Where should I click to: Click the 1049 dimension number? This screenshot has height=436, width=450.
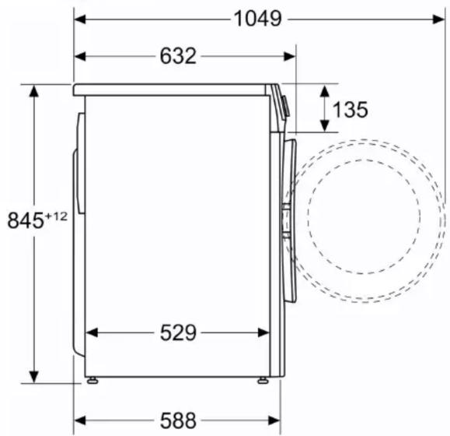tap(257, 19)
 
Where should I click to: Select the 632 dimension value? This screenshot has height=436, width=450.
tap(178, 56)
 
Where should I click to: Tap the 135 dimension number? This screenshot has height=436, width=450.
tap(350, 110)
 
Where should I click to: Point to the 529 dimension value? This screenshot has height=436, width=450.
tap(178, 332)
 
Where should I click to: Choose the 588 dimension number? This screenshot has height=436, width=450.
tap(178, 420)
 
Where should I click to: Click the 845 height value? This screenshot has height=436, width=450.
tap(25, 220)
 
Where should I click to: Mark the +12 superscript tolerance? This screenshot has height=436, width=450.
tap(56, 216)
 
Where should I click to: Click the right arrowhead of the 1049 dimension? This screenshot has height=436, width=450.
tap(439, 19)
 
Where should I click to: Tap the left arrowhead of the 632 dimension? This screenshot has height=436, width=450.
tap(80, 56)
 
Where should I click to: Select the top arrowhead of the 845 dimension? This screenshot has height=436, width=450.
tap(34, 91)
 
